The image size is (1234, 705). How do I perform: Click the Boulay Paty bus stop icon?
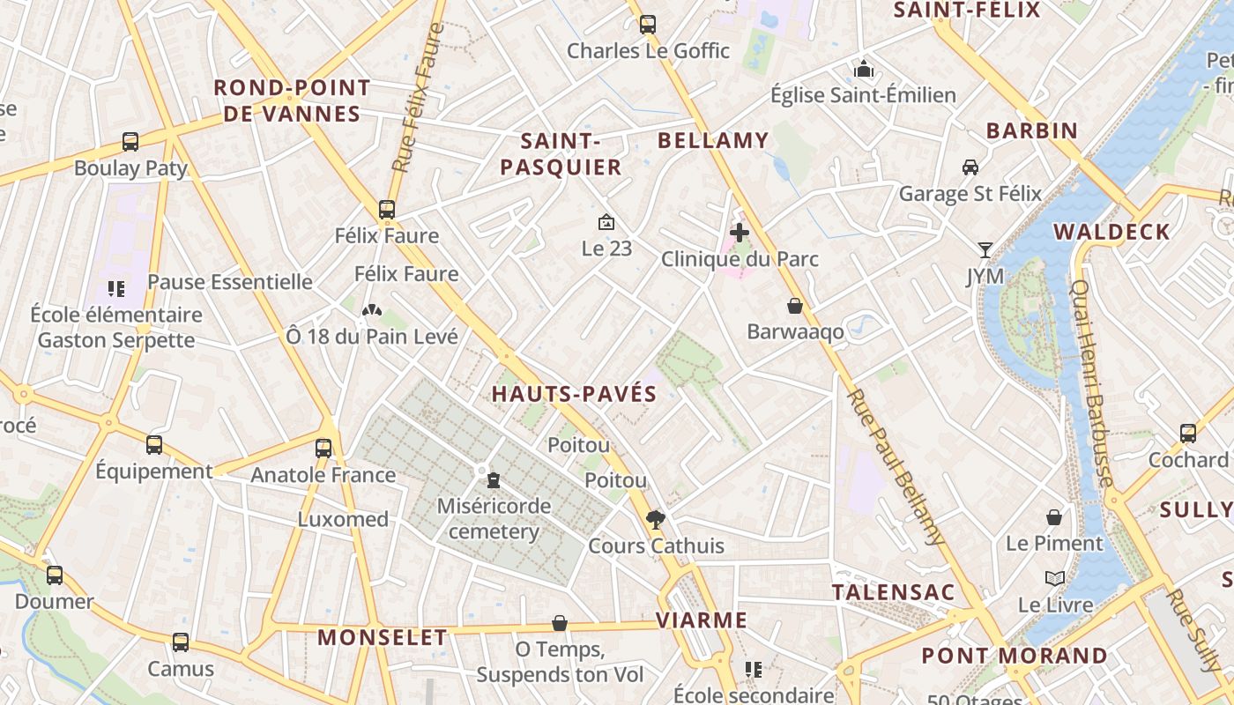[130, 141]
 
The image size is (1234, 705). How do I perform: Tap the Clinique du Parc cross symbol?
[740, 233]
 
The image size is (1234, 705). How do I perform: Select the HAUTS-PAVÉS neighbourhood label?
[574, 394]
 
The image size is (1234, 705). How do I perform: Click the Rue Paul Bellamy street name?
[895, 467]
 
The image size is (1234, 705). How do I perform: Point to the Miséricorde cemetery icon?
[494, 479]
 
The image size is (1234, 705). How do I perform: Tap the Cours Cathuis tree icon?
[655, 519]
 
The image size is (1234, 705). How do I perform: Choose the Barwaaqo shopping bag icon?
[795, 306]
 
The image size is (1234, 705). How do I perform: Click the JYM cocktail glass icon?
[985, 250]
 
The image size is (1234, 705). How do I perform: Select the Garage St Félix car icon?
[970, 167]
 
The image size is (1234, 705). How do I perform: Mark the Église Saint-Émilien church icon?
[864, 68]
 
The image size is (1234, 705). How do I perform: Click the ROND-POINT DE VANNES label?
[292, 100]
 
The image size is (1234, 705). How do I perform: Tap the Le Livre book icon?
[1055, 578]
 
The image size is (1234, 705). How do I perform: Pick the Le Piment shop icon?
[1054, 516]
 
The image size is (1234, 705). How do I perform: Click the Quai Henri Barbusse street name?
[1091, 383]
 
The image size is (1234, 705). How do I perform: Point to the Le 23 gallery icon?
[606, 222]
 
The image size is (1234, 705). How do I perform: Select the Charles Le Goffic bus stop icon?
[648, 25]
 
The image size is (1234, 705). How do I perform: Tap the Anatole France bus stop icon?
[323, 448]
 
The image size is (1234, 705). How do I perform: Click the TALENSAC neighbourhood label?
[894, 592]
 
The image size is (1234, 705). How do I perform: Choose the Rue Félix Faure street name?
[418, 97]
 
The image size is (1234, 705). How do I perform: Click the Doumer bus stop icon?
[55, 575]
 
